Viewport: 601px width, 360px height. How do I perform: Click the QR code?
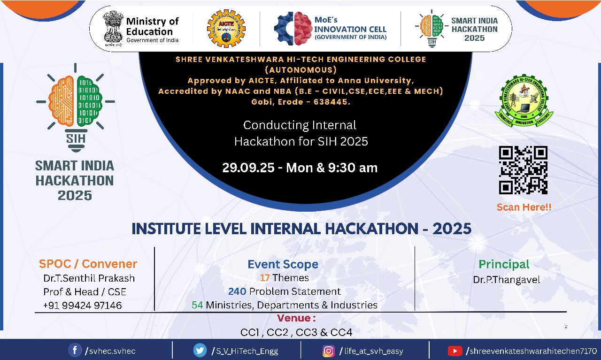[523, 170]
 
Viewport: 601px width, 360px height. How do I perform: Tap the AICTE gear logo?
[226, 29]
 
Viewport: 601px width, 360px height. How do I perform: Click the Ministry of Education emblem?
[113, 29]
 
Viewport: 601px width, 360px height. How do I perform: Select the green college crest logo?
[524, 100]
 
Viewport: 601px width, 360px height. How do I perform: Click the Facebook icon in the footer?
[75, 350]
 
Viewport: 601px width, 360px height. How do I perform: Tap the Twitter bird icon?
[200, 350]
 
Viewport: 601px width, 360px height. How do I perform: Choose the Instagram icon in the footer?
[328, 351]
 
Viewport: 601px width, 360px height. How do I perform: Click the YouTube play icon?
[455, 351]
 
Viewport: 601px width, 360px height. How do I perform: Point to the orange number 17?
[264, 278]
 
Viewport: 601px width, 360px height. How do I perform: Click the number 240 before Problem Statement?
[237, 291]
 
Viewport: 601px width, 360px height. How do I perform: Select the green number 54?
[197, 305]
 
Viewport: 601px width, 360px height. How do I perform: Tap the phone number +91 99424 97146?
[82, 305]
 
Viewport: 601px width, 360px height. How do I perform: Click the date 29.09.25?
[248, 168]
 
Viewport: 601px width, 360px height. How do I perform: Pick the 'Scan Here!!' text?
[524, 207]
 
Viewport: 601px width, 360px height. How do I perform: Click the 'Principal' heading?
[504, 265]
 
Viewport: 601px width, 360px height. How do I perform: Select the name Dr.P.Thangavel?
[507, 280]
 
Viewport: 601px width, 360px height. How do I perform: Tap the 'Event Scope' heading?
[283, 265]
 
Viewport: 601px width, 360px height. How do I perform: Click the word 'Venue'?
[293, 318]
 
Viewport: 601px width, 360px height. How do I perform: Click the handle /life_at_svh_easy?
[371, 351]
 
